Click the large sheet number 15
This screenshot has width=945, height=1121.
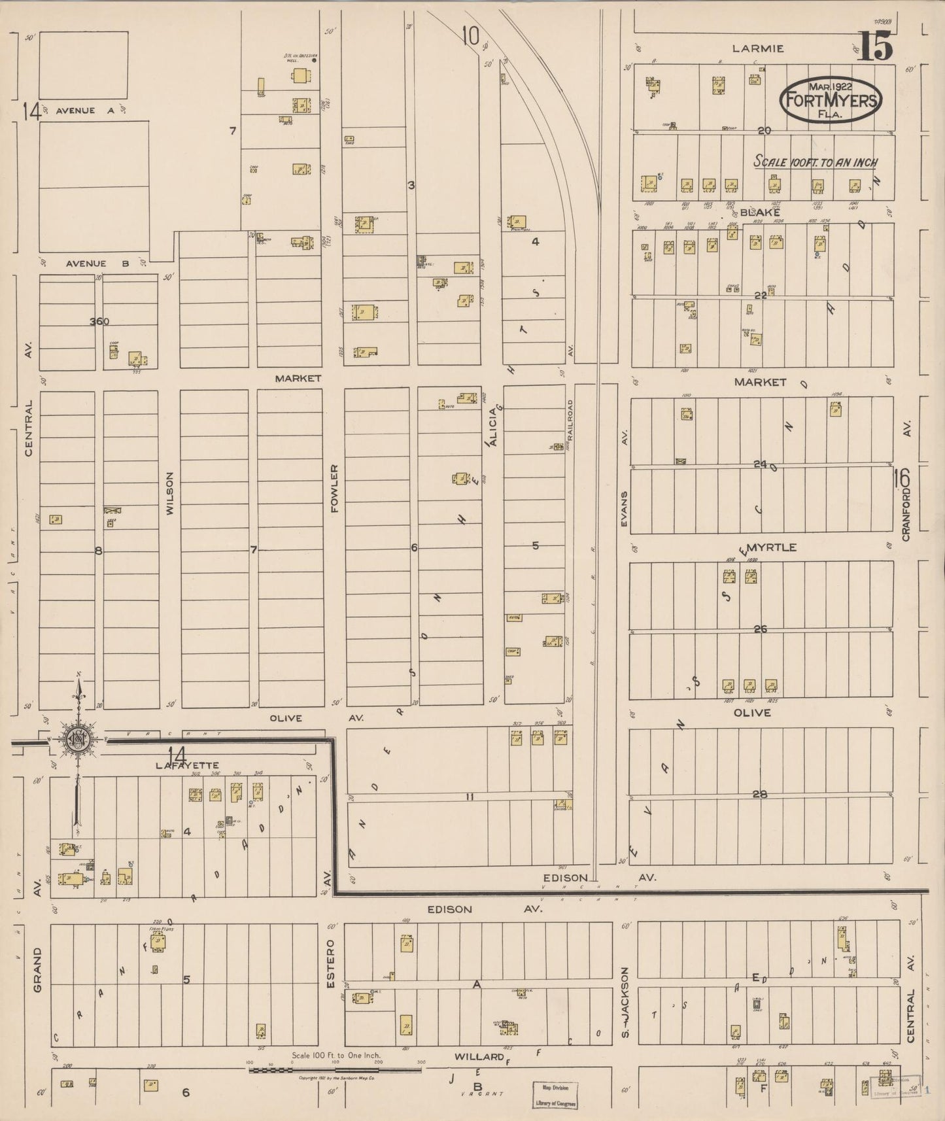[875, 47]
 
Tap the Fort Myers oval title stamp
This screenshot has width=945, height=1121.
[831, 100]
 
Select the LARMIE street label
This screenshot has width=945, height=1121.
[758, 48]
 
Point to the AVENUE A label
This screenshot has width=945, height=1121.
[84, 111]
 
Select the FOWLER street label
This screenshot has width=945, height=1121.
[334, 488]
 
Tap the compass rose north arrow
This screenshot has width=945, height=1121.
[78, 739]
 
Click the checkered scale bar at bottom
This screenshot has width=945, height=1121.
[334, 1071]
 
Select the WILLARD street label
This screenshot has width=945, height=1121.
[479, 1056]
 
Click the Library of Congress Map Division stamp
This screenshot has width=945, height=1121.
[554, 1094]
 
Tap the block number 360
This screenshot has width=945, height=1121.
[99, 321]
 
